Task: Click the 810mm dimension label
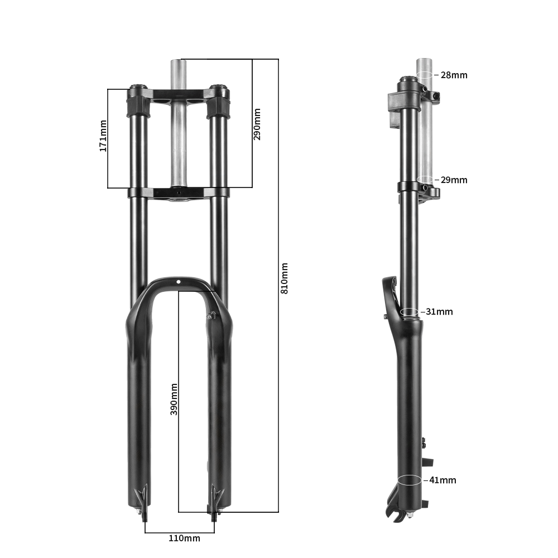(285, 278)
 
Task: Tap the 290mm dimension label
(257, 124)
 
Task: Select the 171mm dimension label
(103, 136)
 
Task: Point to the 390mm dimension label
(174, 399)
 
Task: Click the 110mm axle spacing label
(184, 538)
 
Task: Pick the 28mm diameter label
(454, 75)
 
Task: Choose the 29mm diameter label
(454, 180)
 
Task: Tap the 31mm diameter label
(439, 311)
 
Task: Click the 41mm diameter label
(442, 480)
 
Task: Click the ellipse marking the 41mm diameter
(410, 480)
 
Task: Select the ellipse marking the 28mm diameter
(425, 75)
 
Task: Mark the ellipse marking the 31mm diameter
(409, 311)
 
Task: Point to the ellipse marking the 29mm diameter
(425, 180)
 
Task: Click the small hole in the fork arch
(179, 282)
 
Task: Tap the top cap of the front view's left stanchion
(138, 88)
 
